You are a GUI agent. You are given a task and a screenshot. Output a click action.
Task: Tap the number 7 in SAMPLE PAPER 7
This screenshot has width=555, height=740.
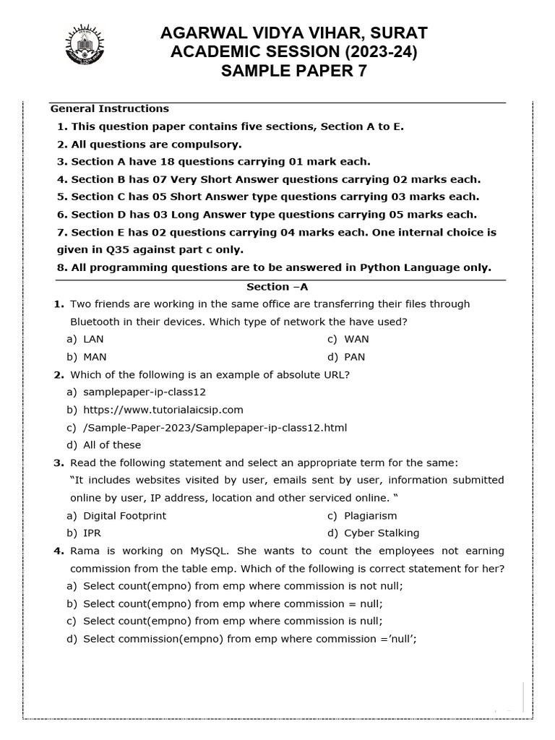tap(362, 71)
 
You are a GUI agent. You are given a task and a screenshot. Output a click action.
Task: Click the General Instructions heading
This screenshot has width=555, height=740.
tap(109, 108)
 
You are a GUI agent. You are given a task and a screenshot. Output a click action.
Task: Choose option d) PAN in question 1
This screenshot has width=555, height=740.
tap(354, 356)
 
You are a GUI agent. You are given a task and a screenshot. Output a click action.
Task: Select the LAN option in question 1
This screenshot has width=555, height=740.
tap(93, 339)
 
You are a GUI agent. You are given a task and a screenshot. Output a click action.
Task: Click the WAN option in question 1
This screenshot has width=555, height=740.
tap(356, 339)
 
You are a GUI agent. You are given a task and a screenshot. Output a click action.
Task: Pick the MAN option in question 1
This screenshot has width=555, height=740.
tap(95, 356)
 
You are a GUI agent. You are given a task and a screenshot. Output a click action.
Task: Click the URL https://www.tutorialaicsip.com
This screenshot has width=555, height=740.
tap(163, 410)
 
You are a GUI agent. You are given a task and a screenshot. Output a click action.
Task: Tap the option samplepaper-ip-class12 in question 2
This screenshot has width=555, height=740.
tap(145, 392)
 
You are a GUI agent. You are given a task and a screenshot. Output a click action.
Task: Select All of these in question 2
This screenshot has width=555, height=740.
tap(112, 445)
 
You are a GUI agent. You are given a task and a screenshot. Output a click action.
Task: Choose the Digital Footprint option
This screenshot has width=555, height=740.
tap(124, 515)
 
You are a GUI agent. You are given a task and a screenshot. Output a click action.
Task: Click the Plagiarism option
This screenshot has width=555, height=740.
tap(370, 515)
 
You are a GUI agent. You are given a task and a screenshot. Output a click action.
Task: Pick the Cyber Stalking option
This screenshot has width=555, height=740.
tap(381, 533)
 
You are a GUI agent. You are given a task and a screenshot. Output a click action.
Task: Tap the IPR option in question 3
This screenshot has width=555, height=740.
tap(92, 533)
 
